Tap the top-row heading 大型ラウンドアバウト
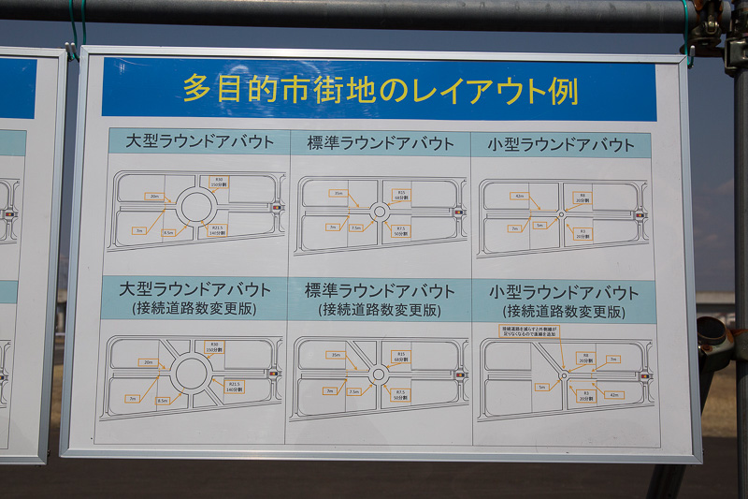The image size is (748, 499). click(x=197, y=142)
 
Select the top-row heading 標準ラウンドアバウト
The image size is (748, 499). click(x=379, y=143)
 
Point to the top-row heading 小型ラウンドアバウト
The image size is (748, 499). click(x=560, y=145)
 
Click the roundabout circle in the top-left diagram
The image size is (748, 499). click(x=197, y=206)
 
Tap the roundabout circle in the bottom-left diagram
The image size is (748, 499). click(x=191, y=373)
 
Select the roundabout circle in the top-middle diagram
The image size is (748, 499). click(x=379, y=212)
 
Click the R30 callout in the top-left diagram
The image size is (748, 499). click(x=219, y=182)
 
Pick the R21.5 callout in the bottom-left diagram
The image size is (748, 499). click(x=233, y=386)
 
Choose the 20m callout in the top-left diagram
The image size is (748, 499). click(x=154, y=197)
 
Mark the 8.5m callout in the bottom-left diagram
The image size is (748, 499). click(x=163, y=401)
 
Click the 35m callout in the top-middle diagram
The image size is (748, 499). click(x=337, y=194)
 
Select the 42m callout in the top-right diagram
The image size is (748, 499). click(x=519, y=197)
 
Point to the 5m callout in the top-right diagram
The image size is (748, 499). click(x=539, y=226)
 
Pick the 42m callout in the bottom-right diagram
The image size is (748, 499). click(x=614, y=395)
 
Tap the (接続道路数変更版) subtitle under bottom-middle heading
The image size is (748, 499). click(x=379, y=309)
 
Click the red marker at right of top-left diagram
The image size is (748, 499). click(x=276, y=207)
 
